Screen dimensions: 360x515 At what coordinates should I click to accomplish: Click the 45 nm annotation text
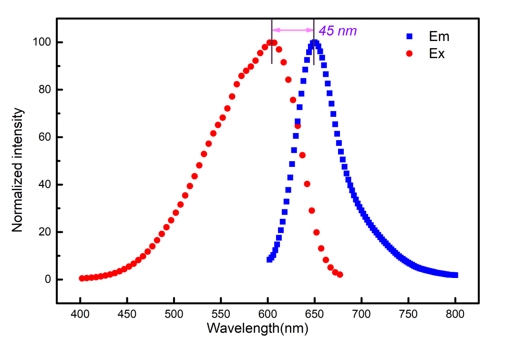click(x=338, y=31)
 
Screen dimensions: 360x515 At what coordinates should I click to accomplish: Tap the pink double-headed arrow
click(x=292, y=30)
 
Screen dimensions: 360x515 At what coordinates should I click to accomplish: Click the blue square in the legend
click(x=408, y=36)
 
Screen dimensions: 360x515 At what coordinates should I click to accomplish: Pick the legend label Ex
click(x=437, y=54)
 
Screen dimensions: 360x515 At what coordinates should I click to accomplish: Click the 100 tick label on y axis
click(x=42, y=42)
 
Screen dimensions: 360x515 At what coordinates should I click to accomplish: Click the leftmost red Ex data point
click(x=82, y=278)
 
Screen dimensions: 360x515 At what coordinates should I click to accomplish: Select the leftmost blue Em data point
click(x=269, y=259)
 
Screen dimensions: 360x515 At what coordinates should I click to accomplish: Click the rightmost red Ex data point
click(x=340, y=275)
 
